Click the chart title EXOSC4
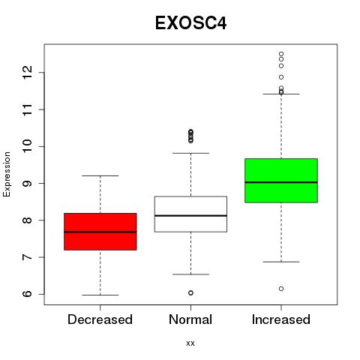point(190,23)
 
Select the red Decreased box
point(100,232)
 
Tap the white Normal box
point(190,214)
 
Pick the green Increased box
point(281,181)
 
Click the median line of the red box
point(100,232)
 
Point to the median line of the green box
point(281,182)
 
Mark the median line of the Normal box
point(190,215)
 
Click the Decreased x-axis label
point(100,319)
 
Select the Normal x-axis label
point(190,319)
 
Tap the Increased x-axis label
point(281,319)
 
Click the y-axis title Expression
point(7,174)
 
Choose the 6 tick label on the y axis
point(28,294)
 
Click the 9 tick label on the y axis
point(28,183)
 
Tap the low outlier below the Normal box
point(190,292)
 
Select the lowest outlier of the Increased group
point(281,289)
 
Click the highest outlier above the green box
point(281,54)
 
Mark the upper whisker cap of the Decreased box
point(100,175)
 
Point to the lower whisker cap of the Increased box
point(281,262)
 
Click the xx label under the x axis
point(190,343)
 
